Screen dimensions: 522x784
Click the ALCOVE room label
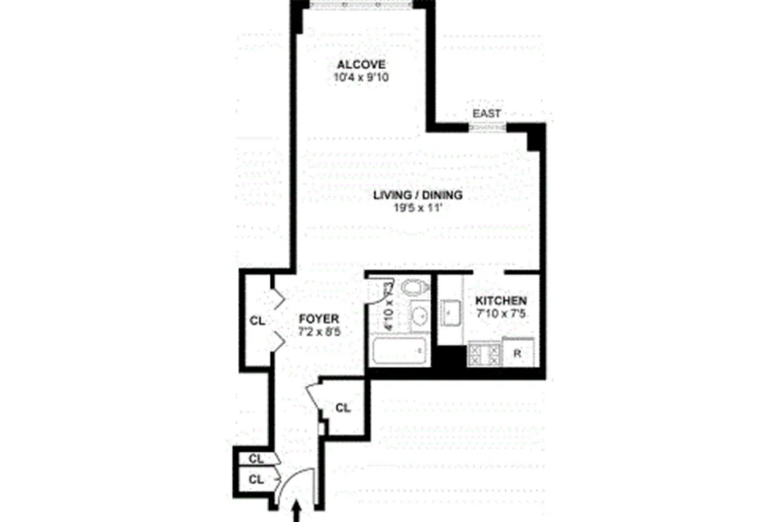[x=361, y=65]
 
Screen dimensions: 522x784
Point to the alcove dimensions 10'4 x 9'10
[x=361, y=77]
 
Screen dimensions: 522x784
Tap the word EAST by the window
[x=487, y=114]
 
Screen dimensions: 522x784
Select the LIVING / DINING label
[x=418, y=195]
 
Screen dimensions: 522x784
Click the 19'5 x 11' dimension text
[x=418, y=207]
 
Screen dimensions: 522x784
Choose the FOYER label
[x=319, y=319]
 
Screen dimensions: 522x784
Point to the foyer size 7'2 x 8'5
[x=319, y=331]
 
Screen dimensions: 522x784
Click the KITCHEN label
[x=501, y=301]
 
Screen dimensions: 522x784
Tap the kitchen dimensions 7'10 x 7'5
[x=501, y=313]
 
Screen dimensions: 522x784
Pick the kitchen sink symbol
[x=451, y=313]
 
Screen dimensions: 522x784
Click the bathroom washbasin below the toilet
[x=418, y=316]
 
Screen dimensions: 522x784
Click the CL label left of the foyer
[x=257, y=320]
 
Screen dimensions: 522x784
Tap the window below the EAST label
[x=488, y=127]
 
